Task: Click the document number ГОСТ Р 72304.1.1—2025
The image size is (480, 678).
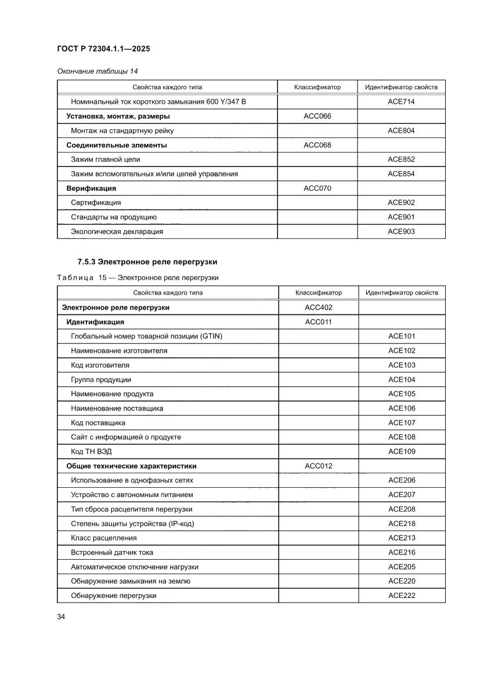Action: pyautogui.click(x=103, y=49)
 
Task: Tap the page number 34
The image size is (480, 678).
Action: pyautogui.click(x=61, y=617)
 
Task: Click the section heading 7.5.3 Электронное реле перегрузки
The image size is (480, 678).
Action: pyautogui.click(x=147, y=262)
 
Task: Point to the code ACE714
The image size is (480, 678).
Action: pyautogui.click(x=401, y=102)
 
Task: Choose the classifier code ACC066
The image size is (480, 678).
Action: pyautogui.click(x=317, y=116)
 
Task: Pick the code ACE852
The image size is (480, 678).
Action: pyautogui.click(x=401, y=159)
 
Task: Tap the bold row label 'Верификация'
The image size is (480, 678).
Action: pyautogui.click(x=91, y=188)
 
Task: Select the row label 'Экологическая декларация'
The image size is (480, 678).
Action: pyautogui.click(x=117, y=231)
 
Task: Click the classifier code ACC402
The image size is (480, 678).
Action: pyautogui.click(x=318, y=307)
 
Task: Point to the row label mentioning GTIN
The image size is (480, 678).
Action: pyautogui.click(x=146, y=336)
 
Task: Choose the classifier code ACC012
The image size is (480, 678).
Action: pyautogui.click(x=318, y=466)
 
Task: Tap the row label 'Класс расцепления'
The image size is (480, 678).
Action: pyautogui.click(x=103, y=538)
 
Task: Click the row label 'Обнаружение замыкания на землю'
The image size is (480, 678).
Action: pyautogui.click(x=130, y=581)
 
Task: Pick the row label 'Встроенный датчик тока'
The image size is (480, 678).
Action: pyautogui.click(x=112, y=552)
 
